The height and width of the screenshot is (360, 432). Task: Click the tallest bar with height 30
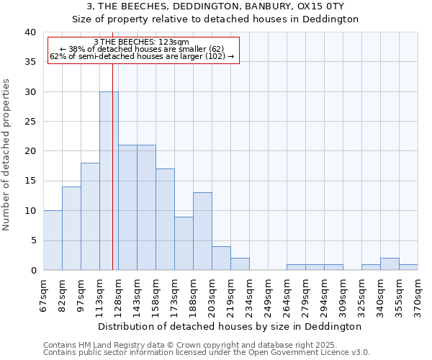click(x=109, y=181)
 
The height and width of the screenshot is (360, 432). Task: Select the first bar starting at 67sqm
click(x=53, y=240)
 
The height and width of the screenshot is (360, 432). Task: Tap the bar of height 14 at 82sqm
click(x=71, y=228)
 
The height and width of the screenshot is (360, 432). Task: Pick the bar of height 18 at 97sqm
click(x=90, y=217)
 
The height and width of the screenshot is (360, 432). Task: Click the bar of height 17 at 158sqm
click(x=165, y=220)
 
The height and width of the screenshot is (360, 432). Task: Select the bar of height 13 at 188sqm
click(x=202, y=231)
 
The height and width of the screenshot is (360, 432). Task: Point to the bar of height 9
click(x=184, y=243)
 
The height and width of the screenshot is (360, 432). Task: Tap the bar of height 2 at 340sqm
click(x=390, y=264)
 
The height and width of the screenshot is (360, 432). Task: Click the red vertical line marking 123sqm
click(x=112, y=180)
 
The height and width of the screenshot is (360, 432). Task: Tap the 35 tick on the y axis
click(x=30, y=62)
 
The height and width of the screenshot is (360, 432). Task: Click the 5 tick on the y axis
click(x=33, y=240)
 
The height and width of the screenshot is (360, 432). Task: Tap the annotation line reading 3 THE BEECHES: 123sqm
click(x=142, y=42)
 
